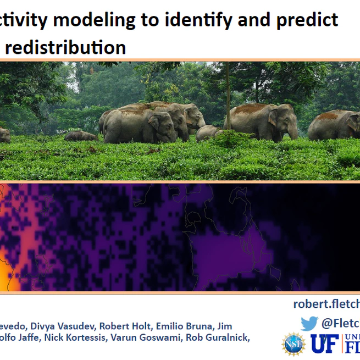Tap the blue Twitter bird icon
[x=309, y=324]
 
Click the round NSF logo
[x=293, y=344]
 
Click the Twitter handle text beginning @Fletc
[x=341, y=324]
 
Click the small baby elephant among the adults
[x=208, y=132]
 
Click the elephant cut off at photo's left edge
[x=4, y=135]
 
